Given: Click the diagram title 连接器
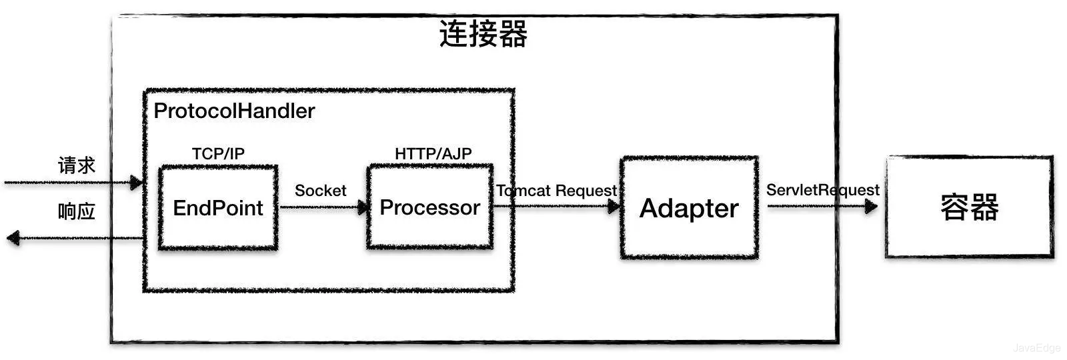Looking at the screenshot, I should coord(483,34).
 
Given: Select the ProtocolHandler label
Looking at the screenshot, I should coord(234,111).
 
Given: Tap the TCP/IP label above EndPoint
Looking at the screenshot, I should coord(218,153).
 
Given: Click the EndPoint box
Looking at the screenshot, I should coord(218,208).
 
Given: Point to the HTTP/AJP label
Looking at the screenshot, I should coord(433,153).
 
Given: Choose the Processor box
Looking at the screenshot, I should coord(429,207).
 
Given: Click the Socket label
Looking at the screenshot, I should coord(320,191).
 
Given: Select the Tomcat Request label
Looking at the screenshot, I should coord(557,191).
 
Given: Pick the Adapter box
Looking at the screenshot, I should coord(689,208).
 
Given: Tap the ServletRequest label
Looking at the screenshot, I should coord(822,190).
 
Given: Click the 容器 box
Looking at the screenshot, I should coord(969,207).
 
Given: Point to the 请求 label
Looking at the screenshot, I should coord(76,165).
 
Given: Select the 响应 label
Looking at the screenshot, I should coord(76,211).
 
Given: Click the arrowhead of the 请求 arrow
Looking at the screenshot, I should coord(136,182).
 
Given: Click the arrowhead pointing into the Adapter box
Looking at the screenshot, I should coord(614,206).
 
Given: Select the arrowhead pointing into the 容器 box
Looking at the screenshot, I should coord(870,207).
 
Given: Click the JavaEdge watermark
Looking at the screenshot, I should coord(1036,348).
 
